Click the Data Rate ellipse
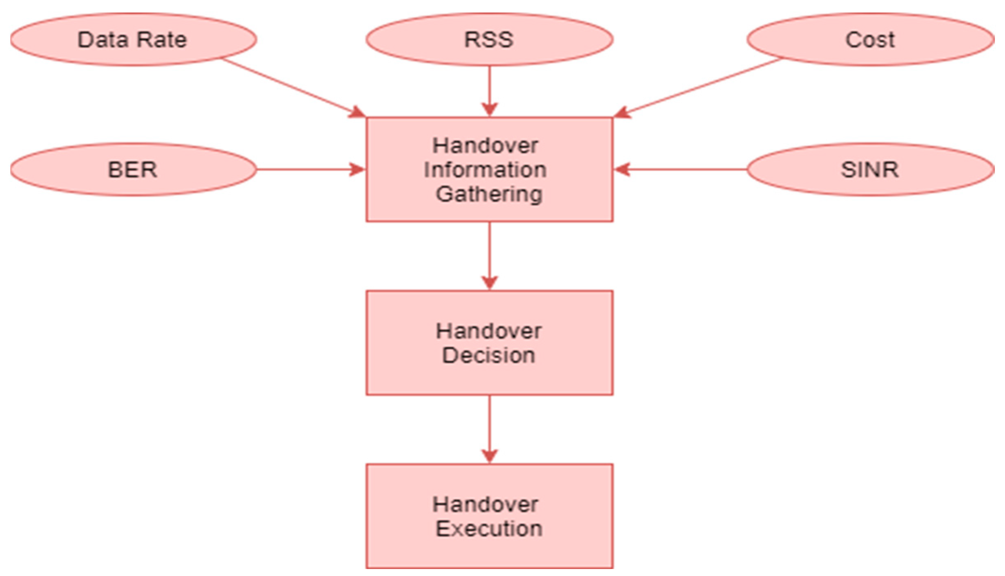[133, 40]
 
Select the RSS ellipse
[489, 40]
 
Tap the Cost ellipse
[870, 40]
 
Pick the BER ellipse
[133, 169]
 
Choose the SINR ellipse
[870, 169]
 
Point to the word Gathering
[489, 194]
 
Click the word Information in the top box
[485, 170]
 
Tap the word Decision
[488, 355]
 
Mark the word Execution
[489, 528]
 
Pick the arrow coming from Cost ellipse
[698, 87]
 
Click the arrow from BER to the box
[310, 169]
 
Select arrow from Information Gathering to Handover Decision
[489, 255]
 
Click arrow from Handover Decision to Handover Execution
[489, 429]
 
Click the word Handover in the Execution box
[485, 504]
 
